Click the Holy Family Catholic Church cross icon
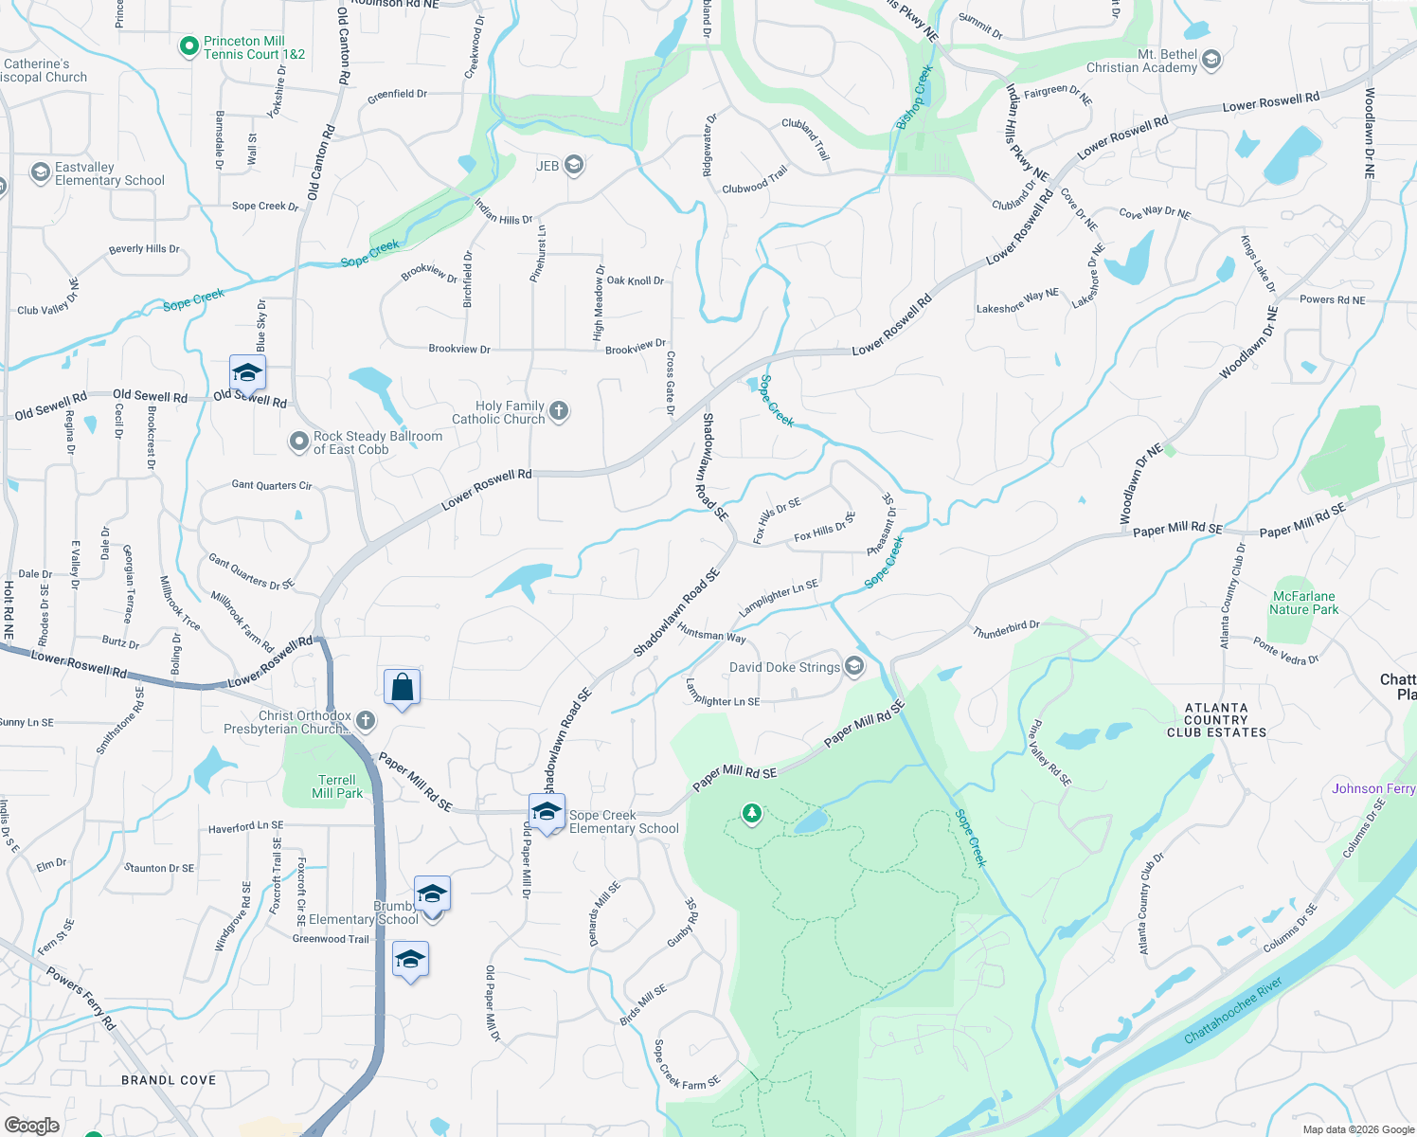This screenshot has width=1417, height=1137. [x=559, y=411]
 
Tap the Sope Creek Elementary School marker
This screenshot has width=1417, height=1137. [x=547, y=812]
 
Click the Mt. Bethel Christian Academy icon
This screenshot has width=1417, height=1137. [x=1211, y=62]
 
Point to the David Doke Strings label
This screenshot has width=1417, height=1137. [x=784, y=667]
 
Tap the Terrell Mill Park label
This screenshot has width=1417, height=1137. [x=337, y=786]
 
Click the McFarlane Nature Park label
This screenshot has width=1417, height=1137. [x=1304, y=603]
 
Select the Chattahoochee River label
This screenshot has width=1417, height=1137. [x=1232, y=1010]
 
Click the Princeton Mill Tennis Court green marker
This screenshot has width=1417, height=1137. [x=189, y=45]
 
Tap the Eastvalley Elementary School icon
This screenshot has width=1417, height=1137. [x=41, y=172]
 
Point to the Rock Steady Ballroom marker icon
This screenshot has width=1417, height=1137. [x=299, y=442]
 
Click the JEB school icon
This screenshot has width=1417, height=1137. [x=573, y=166]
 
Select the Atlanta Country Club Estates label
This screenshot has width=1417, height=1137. [x=1216, y=720]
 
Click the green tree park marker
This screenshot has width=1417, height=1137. [x=752, y=814]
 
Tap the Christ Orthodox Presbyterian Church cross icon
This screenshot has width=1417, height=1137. [x=365, y=722]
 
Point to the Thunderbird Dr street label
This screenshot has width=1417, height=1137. [x=1006, y=628]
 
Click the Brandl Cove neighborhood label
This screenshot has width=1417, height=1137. [x=169, y=1080]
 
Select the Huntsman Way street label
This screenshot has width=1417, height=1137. [x=711, y=635]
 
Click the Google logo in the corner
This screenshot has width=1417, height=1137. [x=31, y=1125]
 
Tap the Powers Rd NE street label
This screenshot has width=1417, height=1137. [x=1332, y=300]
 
